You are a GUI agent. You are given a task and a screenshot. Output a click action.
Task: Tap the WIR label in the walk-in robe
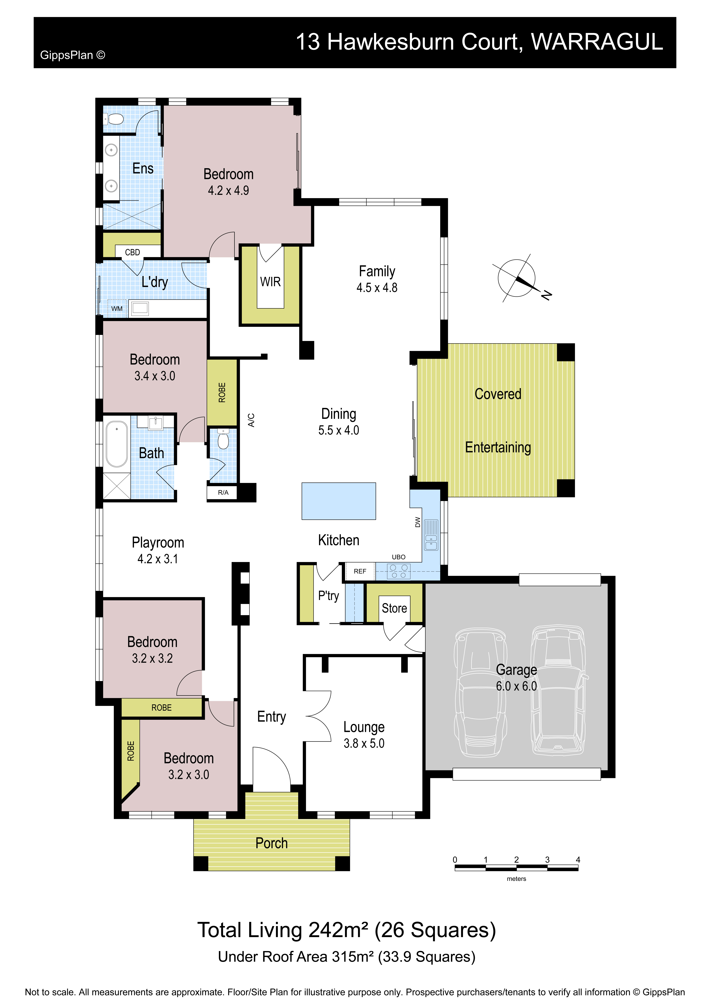point(270,282)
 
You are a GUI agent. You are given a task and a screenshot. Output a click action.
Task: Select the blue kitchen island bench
point(339,501)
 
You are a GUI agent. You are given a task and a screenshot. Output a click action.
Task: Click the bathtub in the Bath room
point(117,444)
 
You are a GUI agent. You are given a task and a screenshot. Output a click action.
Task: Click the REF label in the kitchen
point(360,571)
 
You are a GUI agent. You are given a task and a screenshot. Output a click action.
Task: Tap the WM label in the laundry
point(117,309)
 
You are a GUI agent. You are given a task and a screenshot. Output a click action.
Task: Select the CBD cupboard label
point(133,253)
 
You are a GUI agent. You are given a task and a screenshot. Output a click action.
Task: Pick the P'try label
point(329,596)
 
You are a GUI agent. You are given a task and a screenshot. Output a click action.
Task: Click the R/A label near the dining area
point(223,492)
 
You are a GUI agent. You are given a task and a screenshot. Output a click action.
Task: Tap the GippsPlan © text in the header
point(73,55)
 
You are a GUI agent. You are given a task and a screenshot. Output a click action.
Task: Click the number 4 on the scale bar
point(578,860)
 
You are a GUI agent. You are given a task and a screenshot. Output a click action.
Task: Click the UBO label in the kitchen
point(399,557)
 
